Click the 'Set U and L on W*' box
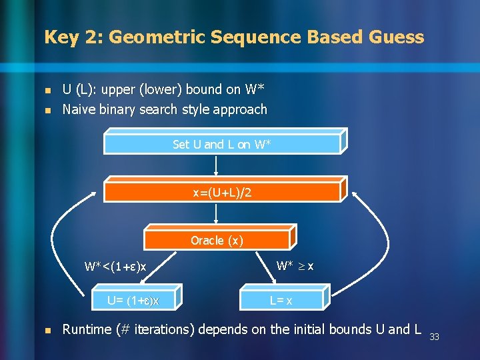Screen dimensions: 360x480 (222, 144)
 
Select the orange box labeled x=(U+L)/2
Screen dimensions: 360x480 (222, 193)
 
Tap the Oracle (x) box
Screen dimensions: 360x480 (217, 240)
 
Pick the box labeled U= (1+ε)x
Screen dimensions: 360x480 (133, 301)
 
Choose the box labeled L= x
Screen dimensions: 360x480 (281, 301)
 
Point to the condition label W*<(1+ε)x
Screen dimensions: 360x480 (115, 267)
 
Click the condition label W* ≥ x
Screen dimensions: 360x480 (295, 266)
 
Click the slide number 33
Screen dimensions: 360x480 (434, 337)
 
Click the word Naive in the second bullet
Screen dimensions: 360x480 (78, 109)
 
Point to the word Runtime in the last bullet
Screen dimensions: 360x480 (89, 329)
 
